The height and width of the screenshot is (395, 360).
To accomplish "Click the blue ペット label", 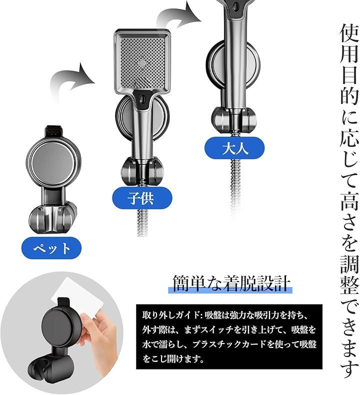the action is [x=51, y=248].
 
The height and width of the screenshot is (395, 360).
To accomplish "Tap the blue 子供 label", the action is [x=142, y=198].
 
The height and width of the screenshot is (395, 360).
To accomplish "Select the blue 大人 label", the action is [x=234, y=148].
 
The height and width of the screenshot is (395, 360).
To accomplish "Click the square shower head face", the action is [x=142, y=61].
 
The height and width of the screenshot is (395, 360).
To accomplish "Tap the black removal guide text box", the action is [x=229, y=336].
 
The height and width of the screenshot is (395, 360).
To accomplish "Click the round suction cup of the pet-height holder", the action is [x=53, y=161].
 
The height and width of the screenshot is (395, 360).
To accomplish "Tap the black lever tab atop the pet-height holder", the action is [x=53, y=131].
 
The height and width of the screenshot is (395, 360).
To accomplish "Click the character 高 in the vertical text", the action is [x=349, y=200].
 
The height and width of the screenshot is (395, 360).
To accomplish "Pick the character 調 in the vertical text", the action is [x=349, y=264].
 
